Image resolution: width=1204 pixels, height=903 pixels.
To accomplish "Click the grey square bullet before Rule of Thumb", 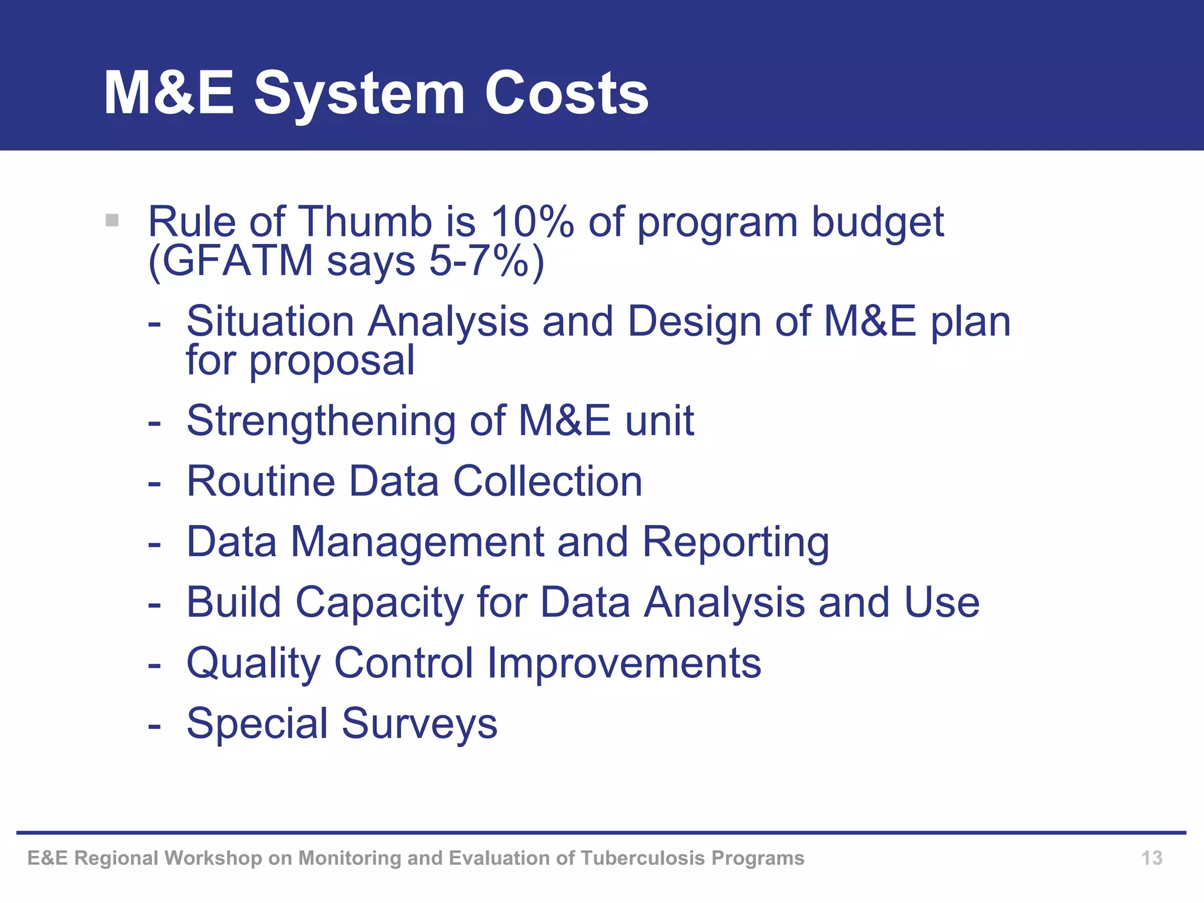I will (112, 221).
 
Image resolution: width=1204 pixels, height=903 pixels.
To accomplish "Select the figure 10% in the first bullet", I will (532, 222).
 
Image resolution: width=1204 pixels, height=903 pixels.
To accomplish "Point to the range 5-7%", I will (479, 260).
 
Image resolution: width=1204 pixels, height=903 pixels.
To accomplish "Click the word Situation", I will (270, 322).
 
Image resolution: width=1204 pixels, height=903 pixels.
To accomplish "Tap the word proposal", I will (332, 361).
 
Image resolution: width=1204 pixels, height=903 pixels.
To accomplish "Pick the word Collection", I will (547, 481).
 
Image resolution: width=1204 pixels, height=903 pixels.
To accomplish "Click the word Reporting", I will (735, 542).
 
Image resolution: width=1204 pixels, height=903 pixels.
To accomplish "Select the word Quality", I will (253, 663).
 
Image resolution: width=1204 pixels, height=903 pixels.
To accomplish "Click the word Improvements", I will (624, 663).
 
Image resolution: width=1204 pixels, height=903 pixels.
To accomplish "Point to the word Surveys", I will (419, 724).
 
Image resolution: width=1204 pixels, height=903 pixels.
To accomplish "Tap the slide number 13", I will (1151, 858).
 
